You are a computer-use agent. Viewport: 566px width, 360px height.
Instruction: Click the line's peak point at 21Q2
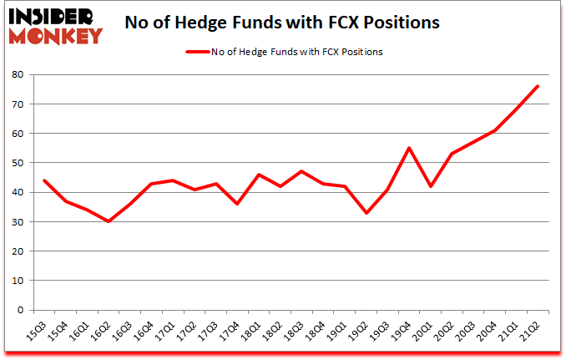[538, 86]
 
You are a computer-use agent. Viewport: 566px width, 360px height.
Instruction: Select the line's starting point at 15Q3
[44, 180]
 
